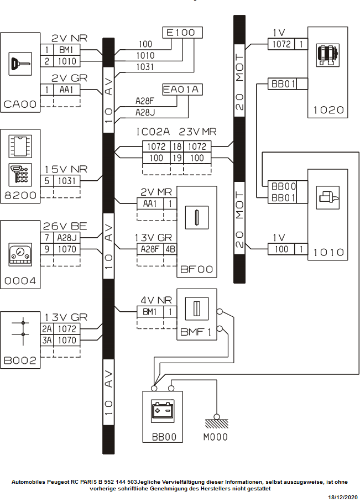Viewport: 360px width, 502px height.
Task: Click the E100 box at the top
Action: [182, 33]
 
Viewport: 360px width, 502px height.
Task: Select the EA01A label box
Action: [182, 90]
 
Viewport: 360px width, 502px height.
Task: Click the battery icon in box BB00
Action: [163, 412]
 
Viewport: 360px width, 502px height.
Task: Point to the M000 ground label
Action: [215, 437]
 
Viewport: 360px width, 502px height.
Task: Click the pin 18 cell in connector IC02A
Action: [177, 147]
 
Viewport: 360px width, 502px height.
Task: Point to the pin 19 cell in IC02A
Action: [177, 158]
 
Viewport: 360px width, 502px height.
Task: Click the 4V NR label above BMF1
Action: [156, 301]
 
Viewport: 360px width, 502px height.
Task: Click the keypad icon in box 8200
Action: [20, 175]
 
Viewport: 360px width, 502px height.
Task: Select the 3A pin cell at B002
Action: [46, 340]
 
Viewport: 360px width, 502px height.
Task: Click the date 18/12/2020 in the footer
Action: [343, 498]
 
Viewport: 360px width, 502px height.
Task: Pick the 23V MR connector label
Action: [198, 133]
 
